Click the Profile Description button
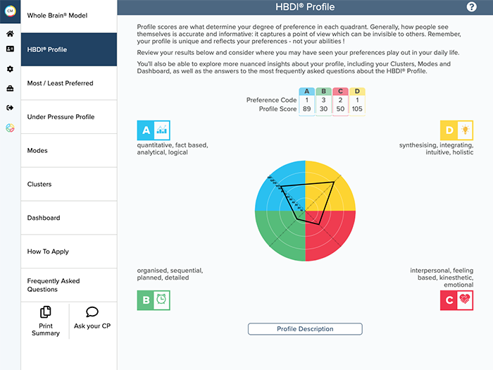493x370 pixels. coord(305,329)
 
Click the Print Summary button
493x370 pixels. coord(46,321)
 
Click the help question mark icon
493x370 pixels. coord(472,7)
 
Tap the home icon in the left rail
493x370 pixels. coord(10,33)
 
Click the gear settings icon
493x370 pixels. coord(10,69)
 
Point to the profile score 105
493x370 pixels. coord(358,109)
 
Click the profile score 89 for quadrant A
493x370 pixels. coord(307,109)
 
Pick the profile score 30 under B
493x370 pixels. coord(324,109)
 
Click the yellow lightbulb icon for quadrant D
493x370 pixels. coord(465,130)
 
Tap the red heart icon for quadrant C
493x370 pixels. coord(465,299)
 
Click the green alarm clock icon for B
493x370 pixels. coord(162,299)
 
